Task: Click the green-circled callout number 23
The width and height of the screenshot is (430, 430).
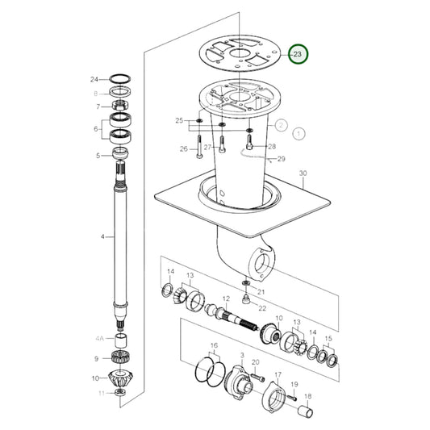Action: click(299, 54)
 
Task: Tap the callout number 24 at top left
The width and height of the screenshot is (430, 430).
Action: click(94, 79)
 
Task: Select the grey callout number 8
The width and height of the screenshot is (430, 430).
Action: click(97, 93)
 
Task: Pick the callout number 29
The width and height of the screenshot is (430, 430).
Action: click(282, 160)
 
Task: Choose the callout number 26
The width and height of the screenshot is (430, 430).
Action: click(183, 148)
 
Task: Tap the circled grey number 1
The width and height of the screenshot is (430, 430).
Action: click(299, 132)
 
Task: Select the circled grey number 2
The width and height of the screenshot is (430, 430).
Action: click(280, 125)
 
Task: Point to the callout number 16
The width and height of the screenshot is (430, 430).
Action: click(215, 347)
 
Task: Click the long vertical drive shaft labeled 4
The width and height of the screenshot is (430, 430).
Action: click(123, 242)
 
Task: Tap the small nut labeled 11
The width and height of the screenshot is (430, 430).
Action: click(120, 392)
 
